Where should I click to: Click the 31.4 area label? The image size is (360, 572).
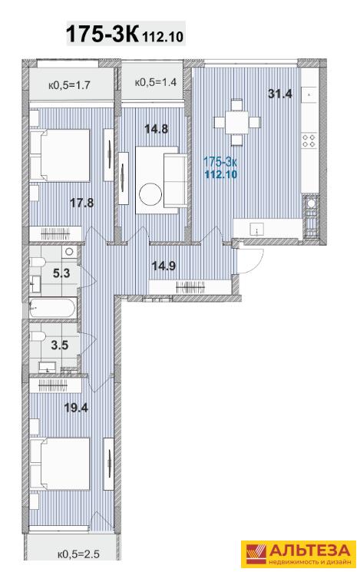279,94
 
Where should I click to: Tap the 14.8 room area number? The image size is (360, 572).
157,128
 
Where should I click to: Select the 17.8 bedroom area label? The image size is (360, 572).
82,203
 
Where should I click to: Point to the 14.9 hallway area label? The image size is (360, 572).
163,266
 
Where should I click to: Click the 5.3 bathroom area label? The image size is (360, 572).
61,273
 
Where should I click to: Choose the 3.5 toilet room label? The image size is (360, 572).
60,345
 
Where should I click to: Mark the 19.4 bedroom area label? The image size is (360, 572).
76,407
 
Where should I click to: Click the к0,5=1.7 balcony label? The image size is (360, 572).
69,86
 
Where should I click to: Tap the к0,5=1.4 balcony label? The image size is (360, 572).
156,82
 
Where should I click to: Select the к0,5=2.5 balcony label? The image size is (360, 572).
78,554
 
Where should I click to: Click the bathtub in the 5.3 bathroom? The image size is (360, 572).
53,308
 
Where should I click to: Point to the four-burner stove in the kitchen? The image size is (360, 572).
309,141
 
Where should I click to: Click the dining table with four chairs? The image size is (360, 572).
237,122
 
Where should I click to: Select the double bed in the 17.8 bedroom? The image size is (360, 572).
60,156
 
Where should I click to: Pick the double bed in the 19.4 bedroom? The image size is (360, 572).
60,464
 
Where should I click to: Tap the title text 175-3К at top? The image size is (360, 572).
102,34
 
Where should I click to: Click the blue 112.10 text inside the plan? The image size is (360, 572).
221,174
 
